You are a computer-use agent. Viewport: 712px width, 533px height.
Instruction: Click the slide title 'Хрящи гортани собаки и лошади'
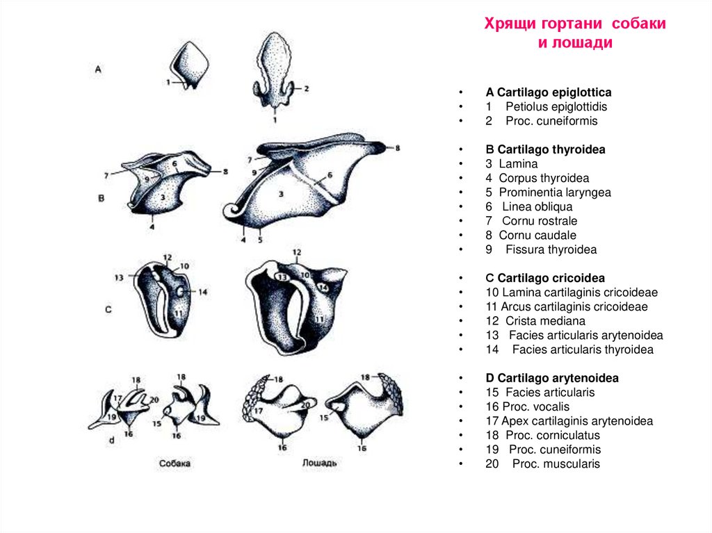click(575, 33)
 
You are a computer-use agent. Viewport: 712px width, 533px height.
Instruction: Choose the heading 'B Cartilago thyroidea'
click(545, 149)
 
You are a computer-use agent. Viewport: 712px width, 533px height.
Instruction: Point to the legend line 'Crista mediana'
click(545, 321)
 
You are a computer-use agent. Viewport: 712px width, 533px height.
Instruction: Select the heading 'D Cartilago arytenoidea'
click(552, 378)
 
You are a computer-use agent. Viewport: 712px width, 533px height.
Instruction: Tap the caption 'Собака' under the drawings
click(173, 463)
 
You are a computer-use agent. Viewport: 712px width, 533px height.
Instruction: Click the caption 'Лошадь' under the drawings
click(321, 463)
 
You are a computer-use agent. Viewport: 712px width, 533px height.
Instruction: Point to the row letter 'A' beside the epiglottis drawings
click(98, 69)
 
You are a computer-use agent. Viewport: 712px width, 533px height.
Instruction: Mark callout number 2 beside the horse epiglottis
click(306, 89)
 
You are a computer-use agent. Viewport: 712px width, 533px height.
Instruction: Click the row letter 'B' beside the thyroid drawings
click(101, 198)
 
